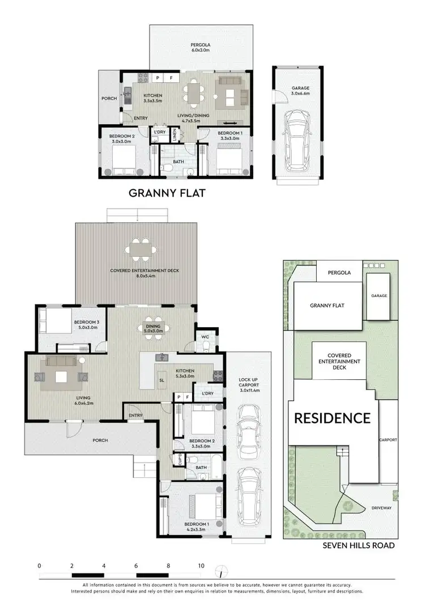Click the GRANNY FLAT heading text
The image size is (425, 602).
coord(167,193)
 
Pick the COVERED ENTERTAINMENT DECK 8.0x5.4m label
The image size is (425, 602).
coord(144,274)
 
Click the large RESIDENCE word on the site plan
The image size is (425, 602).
coord(332,418)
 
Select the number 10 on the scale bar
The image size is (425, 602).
coord(201,566)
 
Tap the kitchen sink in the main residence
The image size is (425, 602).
coord(163,357)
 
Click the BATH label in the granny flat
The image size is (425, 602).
coord(178,162)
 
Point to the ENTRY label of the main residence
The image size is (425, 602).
coord(135,416)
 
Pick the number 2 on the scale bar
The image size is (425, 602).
coord(72,566)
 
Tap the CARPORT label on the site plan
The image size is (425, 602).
coord(388,439)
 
